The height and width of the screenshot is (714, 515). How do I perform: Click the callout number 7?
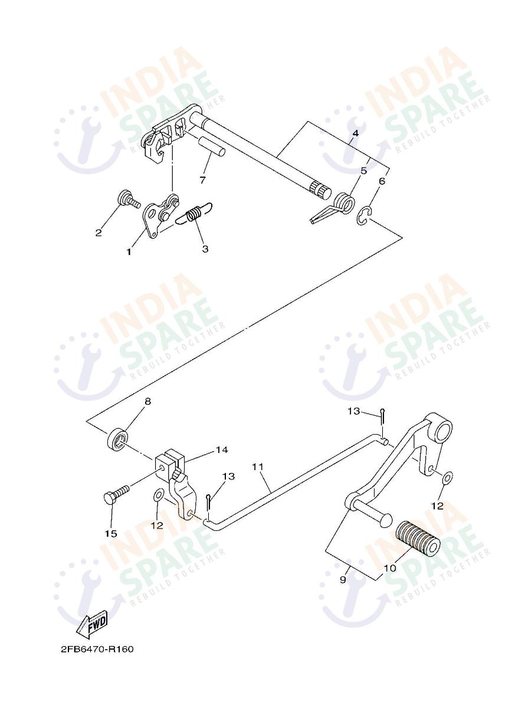point(202,179)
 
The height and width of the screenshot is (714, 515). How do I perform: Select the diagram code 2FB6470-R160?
point(97,649)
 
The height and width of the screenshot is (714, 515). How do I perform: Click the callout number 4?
point(355,133)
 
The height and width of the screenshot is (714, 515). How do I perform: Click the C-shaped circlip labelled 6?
point(364,216)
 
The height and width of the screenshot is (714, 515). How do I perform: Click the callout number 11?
point(257,467)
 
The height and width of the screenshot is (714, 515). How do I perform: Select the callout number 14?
point(221,450)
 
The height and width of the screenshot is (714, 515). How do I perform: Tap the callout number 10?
point(389,568)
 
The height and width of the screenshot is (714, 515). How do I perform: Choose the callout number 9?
point(343,580)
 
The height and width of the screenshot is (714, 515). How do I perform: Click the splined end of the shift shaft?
point(319,190)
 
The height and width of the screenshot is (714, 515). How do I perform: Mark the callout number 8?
point(147,402)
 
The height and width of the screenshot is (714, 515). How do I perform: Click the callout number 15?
point(111,533)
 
